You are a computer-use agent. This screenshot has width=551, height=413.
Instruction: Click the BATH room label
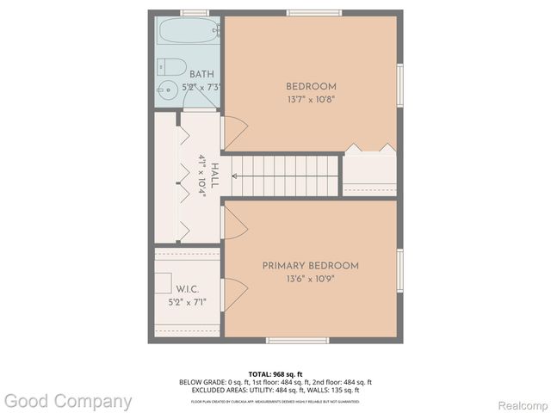[201, 74]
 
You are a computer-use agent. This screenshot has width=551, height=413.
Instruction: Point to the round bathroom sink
[164, 89]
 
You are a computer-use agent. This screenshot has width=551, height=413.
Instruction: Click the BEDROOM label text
[311, 86]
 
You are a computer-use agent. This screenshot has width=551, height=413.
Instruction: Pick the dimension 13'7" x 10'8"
[311, 99]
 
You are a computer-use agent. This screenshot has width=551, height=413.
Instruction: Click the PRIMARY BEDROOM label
[311, 266]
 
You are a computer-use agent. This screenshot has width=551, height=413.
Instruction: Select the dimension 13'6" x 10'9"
[311, 279]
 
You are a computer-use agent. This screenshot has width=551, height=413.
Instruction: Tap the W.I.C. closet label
[187, 289]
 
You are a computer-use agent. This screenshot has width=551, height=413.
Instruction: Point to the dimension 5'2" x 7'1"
[187, 302]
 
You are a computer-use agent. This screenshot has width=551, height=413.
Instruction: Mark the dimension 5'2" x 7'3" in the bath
[201, 87]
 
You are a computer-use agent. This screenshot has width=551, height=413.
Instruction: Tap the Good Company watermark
[67, 401]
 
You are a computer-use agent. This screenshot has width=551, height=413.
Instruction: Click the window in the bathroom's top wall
[195, 13]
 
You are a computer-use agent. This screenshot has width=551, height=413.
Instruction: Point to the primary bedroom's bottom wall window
[298, 340]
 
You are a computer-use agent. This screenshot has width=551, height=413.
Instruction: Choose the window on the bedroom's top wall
[311, 13]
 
